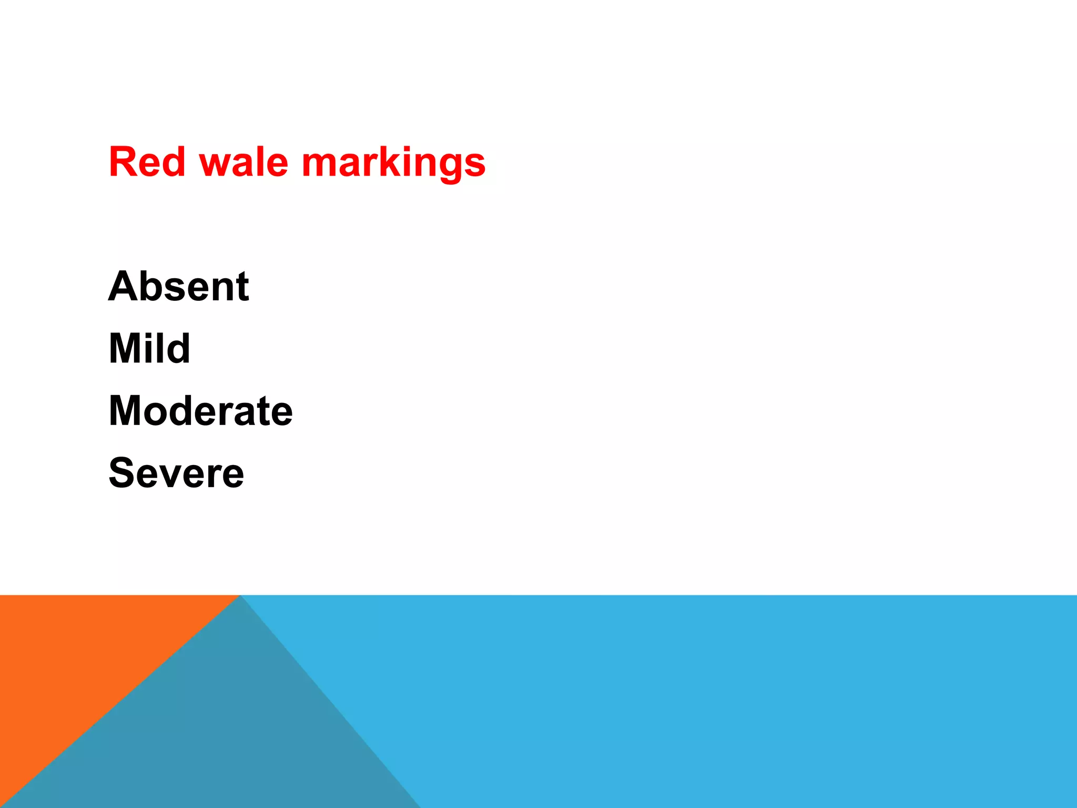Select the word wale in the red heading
[243, 162]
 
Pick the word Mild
[149, 348]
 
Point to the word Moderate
[200, 410]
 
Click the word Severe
[176, 472]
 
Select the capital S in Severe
[121, 472]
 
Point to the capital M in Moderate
[126, 410]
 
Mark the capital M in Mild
[126, 348]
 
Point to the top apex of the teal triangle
[240, 597]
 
